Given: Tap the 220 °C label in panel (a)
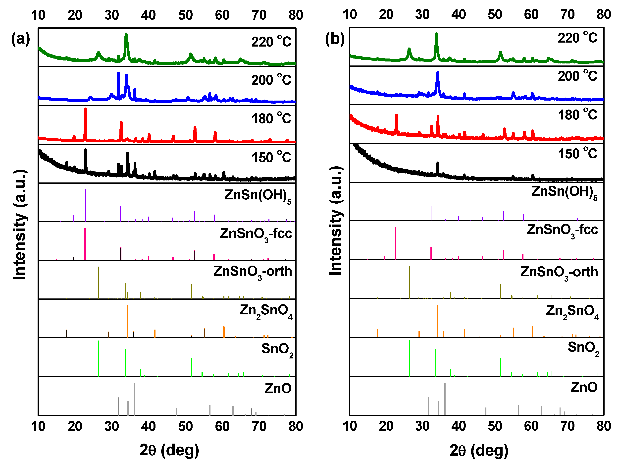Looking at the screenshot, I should point(271,42).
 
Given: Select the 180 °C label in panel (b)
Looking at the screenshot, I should point(577,115).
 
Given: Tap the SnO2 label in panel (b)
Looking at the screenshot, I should point(583,348).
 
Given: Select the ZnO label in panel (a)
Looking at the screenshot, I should point(278,388).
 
